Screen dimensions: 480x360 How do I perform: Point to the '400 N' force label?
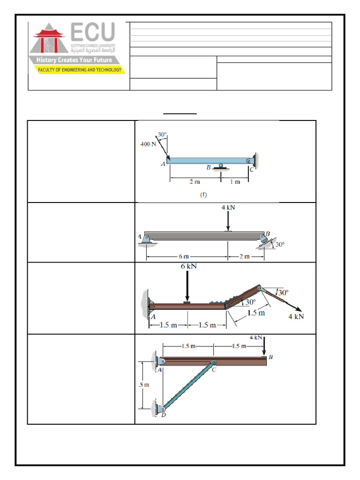tap(149, 144)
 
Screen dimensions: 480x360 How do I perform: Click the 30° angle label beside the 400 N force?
tap(162, 135)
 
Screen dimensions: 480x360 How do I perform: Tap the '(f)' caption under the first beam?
tap(203, 194)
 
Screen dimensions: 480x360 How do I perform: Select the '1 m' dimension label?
tap(234, 182)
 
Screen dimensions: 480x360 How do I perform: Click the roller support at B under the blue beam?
tap(221, 166)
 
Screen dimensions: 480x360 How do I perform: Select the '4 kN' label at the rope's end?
tap(296, 316)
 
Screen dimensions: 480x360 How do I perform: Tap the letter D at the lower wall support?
tap(164, 414)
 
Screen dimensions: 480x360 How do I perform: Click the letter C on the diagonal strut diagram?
tap(215, 370)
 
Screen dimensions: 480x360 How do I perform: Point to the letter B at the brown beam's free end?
tap(270, 357)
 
